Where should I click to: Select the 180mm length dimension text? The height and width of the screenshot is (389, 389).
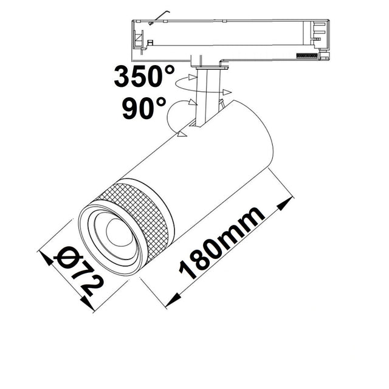[x=222, y=243]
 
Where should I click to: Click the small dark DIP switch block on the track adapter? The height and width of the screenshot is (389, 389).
[x=306, y=55]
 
